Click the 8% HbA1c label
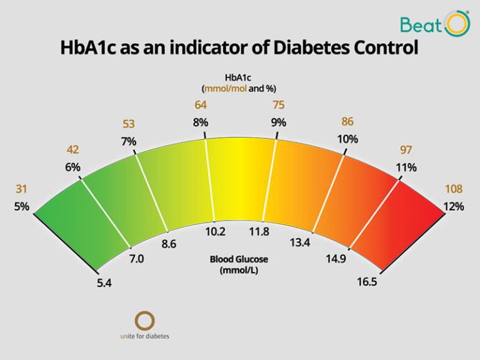pos(200,122)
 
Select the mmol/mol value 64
pos(200,104)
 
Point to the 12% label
pos(454,207)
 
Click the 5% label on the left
pos(21,207)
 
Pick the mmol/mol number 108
pos(454,189)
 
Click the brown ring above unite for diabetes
pos(145,321)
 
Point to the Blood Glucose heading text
pos(239,258)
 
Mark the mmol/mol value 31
pos(21,189)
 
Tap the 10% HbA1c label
pos(347,139)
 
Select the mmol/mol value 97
pos(406,149)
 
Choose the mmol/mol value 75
pos(279,104)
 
